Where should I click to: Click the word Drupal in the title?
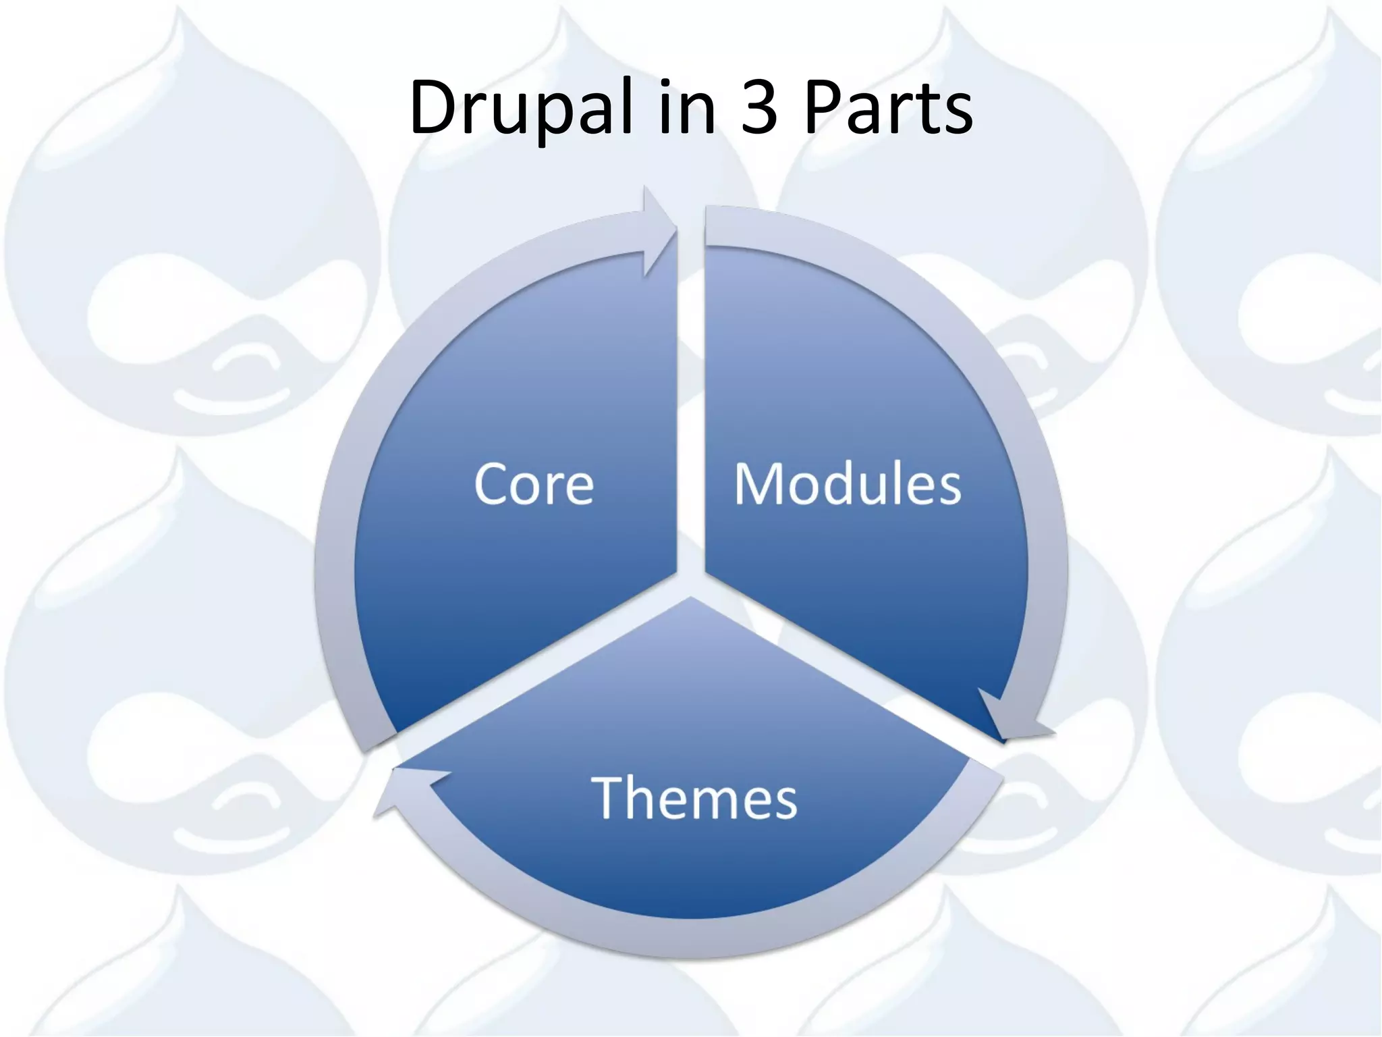(520, 108)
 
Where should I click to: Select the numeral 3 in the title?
(759, 108)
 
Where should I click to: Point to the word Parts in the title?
(888, 108)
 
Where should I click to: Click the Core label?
(534, 484)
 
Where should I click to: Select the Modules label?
(848, 484)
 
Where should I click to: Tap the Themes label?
(694, 798)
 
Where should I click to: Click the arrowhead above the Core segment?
(658, 230)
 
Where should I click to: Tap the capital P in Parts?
(823, 108)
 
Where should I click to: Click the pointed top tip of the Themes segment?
(691, 600)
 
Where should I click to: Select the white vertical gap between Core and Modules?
(691, 405)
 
